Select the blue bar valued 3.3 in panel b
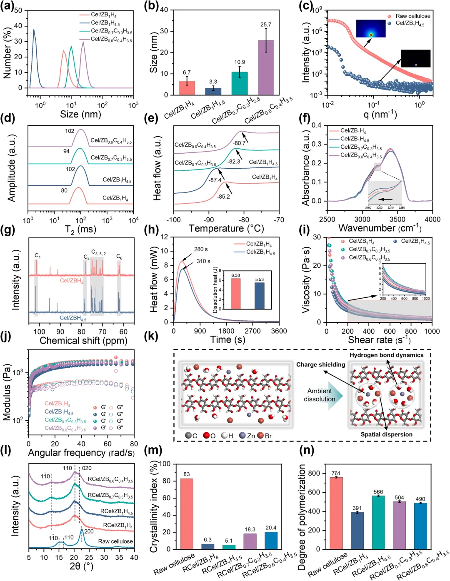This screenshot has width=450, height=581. pyautogui.click(x=213, y=91)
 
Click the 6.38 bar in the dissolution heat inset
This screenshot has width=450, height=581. pyautogui.click(x=235, y=294)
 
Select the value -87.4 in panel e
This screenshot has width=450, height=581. pyautogui.click(x=215, y=180)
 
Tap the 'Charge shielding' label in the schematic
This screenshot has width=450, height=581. pyautogui.click(x=320, y=364)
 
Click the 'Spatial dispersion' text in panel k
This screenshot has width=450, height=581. pyautogui.click(x=386, y=434)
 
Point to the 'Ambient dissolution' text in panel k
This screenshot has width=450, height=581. pyautogui.click(x=320, y=395)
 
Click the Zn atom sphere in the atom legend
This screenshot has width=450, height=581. pyautogui.click(x=242, y=436)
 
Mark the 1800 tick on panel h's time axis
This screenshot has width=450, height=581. pyautogui.click(x=226, y=331)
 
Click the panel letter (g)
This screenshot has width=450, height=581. pyautogui.click(x=8, y=230)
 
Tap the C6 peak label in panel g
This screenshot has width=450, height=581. pyautogui.click(x=119, y=257)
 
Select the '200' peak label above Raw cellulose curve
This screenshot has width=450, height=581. pyautogui.click(x=89, y=531)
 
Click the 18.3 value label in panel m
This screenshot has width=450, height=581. pyautogui.click(x=250, y=529)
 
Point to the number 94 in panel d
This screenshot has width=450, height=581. pyautogui.click(x=66, y=151)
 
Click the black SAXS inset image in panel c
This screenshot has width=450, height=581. pyautogui.click(x=415, y=58)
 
